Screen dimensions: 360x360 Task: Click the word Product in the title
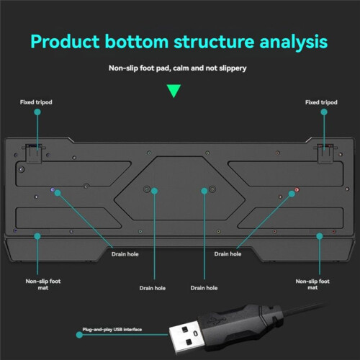(x=65, y=42)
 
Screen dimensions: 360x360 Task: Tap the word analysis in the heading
(x=294, y=42)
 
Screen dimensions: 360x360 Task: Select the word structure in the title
(x=214, y=42)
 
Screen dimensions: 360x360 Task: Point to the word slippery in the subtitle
(x=233, y=68)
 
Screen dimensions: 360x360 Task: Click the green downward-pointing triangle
(x=174, y=91)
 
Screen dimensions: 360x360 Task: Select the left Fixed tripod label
(x=36, y=102)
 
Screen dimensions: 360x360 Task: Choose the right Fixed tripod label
(x=321, y=102)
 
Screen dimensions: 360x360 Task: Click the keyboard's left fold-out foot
(x=34, y=153)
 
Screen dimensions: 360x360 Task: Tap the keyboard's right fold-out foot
(x=325, y=154)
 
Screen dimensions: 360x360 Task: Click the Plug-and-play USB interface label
(x=112, y=330)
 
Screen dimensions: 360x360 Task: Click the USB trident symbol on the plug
(x=217, y=320)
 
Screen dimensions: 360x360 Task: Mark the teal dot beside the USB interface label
(x=79, y=335)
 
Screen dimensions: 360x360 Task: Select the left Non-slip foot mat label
(x=43, y=284)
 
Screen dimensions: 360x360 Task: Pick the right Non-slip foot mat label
(x=312, y=284)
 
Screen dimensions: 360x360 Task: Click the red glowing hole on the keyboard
(x=297, y=190)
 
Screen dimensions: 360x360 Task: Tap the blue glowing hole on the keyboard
(x=53, y=190)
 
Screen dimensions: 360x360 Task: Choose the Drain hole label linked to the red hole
(x=228, y=254)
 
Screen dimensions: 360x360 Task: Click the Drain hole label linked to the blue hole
(x=125, y=254)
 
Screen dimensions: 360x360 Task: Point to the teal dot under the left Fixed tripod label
(x=37, y=112)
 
